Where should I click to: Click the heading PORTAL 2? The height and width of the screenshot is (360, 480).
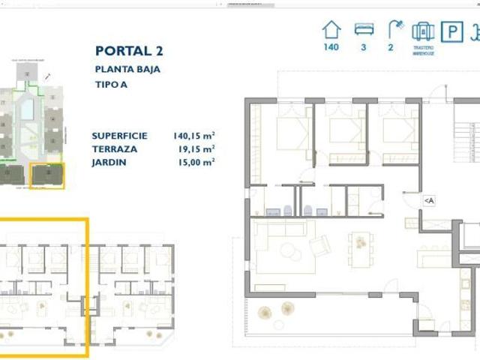pyautogui.click(x=129, y=51)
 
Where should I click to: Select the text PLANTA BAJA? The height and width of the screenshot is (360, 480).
pyautogui.click(x=127, y=69)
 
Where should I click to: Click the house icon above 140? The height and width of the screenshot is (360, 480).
pyautogui.click(x=331, y=30)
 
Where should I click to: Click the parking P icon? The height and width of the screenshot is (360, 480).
pyautogui.click(x=451, y=31)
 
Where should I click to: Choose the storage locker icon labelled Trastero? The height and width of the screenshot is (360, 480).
pyautogui.click(x=423, y=31)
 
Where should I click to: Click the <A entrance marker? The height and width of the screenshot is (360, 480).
pyautogui.click(x=428, y=200)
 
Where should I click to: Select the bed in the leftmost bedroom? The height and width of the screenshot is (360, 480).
pyautogui.click(x=294, y=135)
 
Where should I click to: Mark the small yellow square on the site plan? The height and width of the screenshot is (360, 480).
pyautogui.click(x=46, y=175)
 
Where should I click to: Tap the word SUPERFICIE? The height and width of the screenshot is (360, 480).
pyautogui.click(x=119, y=136)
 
